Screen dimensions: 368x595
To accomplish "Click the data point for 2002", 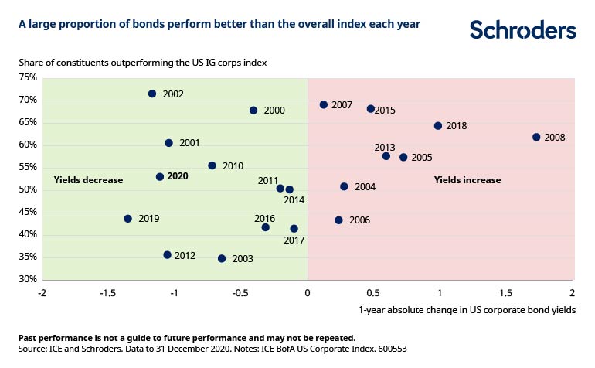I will [152, 94].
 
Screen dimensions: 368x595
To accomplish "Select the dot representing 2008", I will [536, 137].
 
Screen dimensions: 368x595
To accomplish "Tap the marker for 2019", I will [128, 219].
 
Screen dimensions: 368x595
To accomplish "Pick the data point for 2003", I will [222, 258].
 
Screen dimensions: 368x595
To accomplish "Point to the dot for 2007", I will [324, 104].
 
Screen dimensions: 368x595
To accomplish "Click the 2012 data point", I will [167, 254].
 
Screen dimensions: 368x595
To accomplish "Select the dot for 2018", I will [438, 125].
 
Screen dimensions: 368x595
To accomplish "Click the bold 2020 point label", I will [178, 177].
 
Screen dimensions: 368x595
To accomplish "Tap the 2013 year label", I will [385, 147].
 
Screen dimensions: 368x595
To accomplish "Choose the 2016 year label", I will [264, 219].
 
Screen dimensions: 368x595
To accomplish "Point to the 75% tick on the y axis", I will [28, 77].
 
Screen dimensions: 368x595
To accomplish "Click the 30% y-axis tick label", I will [28, 279].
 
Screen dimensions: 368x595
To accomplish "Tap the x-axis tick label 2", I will [573, 294].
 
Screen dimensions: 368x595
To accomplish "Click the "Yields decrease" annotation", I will [88, 180].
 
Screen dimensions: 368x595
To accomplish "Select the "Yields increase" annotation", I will [467, 180].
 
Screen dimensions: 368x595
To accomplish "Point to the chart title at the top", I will [219, 24].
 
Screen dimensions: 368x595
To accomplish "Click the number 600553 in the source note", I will [389, 349].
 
